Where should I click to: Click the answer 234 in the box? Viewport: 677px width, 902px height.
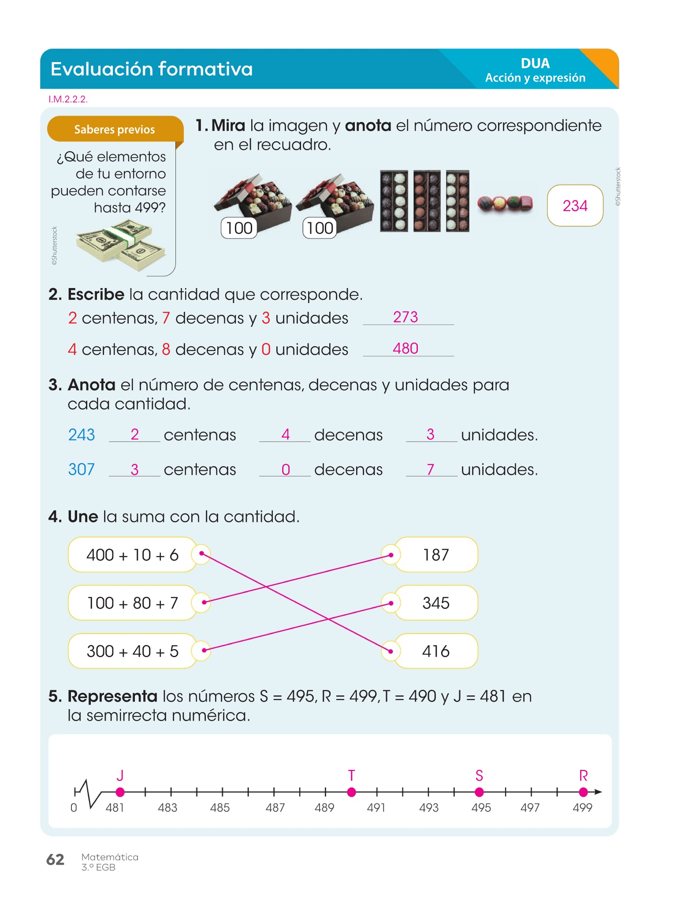click(575, 206)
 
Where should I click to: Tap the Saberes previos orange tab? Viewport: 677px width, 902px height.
click(115, 129)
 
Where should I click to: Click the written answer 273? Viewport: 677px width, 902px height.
click(405, 317)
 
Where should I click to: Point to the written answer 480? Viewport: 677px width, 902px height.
click(405, 348)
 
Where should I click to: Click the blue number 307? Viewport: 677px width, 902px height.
click(82, 469)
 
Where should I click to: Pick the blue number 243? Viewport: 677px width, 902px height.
click(82, 435)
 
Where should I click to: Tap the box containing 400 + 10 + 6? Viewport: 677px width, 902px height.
click(132, 555)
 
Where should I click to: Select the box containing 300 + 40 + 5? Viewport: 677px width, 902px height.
click(132, 651)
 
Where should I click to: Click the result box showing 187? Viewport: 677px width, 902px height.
click(436, 555)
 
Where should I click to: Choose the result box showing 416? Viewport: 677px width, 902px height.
click(436, 651)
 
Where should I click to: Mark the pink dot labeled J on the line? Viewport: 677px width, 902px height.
click(120, 792)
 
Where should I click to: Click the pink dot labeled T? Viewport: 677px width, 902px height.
click(351, 792)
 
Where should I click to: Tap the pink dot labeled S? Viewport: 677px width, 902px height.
click(480, 792)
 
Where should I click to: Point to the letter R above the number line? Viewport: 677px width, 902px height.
click(583, 776)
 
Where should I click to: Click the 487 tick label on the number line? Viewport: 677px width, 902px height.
click(275, 808)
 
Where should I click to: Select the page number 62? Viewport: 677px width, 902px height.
click(56, 859)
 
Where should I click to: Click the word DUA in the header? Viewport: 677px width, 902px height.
click(535, 63)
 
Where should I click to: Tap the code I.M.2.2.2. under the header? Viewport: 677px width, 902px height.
click(68, 99)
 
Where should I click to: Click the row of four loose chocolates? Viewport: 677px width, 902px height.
click(505, 203)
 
